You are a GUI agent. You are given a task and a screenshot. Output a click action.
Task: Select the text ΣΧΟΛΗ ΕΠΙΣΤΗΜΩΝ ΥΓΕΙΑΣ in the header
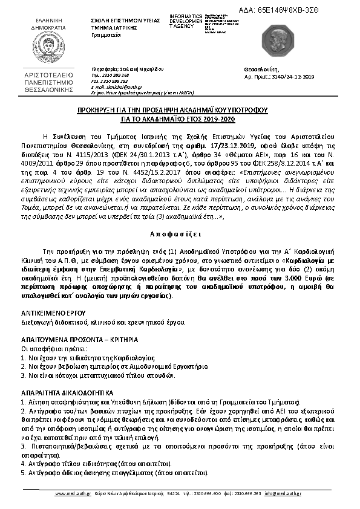[121, 20]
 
